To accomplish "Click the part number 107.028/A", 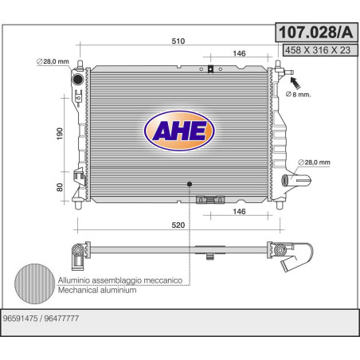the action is tap(316, 33).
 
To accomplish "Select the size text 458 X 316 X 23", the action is tap(318, 50).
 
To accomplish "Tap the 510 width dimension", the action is tap(178, 41).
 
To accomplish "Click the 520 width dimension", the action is tap(178, 225).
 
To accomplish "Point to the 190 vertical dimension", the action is tap(60, 134).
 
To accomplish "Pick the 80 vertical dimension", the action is tap(60, 187).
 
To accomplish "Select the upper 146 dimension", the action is tap(239, 53).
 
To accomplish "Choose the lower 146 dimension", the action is tap(239, 211).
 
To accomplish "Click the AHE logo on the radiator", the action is tap(179, 131).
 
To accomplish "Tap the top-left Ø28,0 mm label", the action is tap(53, 61).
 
